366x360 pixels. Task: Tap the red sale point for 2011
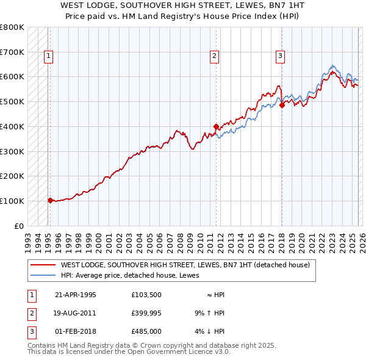(216, 126)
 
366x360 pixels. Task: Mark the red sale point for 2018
(282, 105)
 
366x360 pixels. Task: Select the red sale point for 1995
(50, 200)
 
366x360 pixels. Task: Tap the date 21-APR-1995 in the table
(76, 295)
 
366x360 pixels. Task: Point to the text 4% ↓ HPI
(210, 331)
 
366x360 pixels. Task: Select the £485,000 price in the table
(146, 331)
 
